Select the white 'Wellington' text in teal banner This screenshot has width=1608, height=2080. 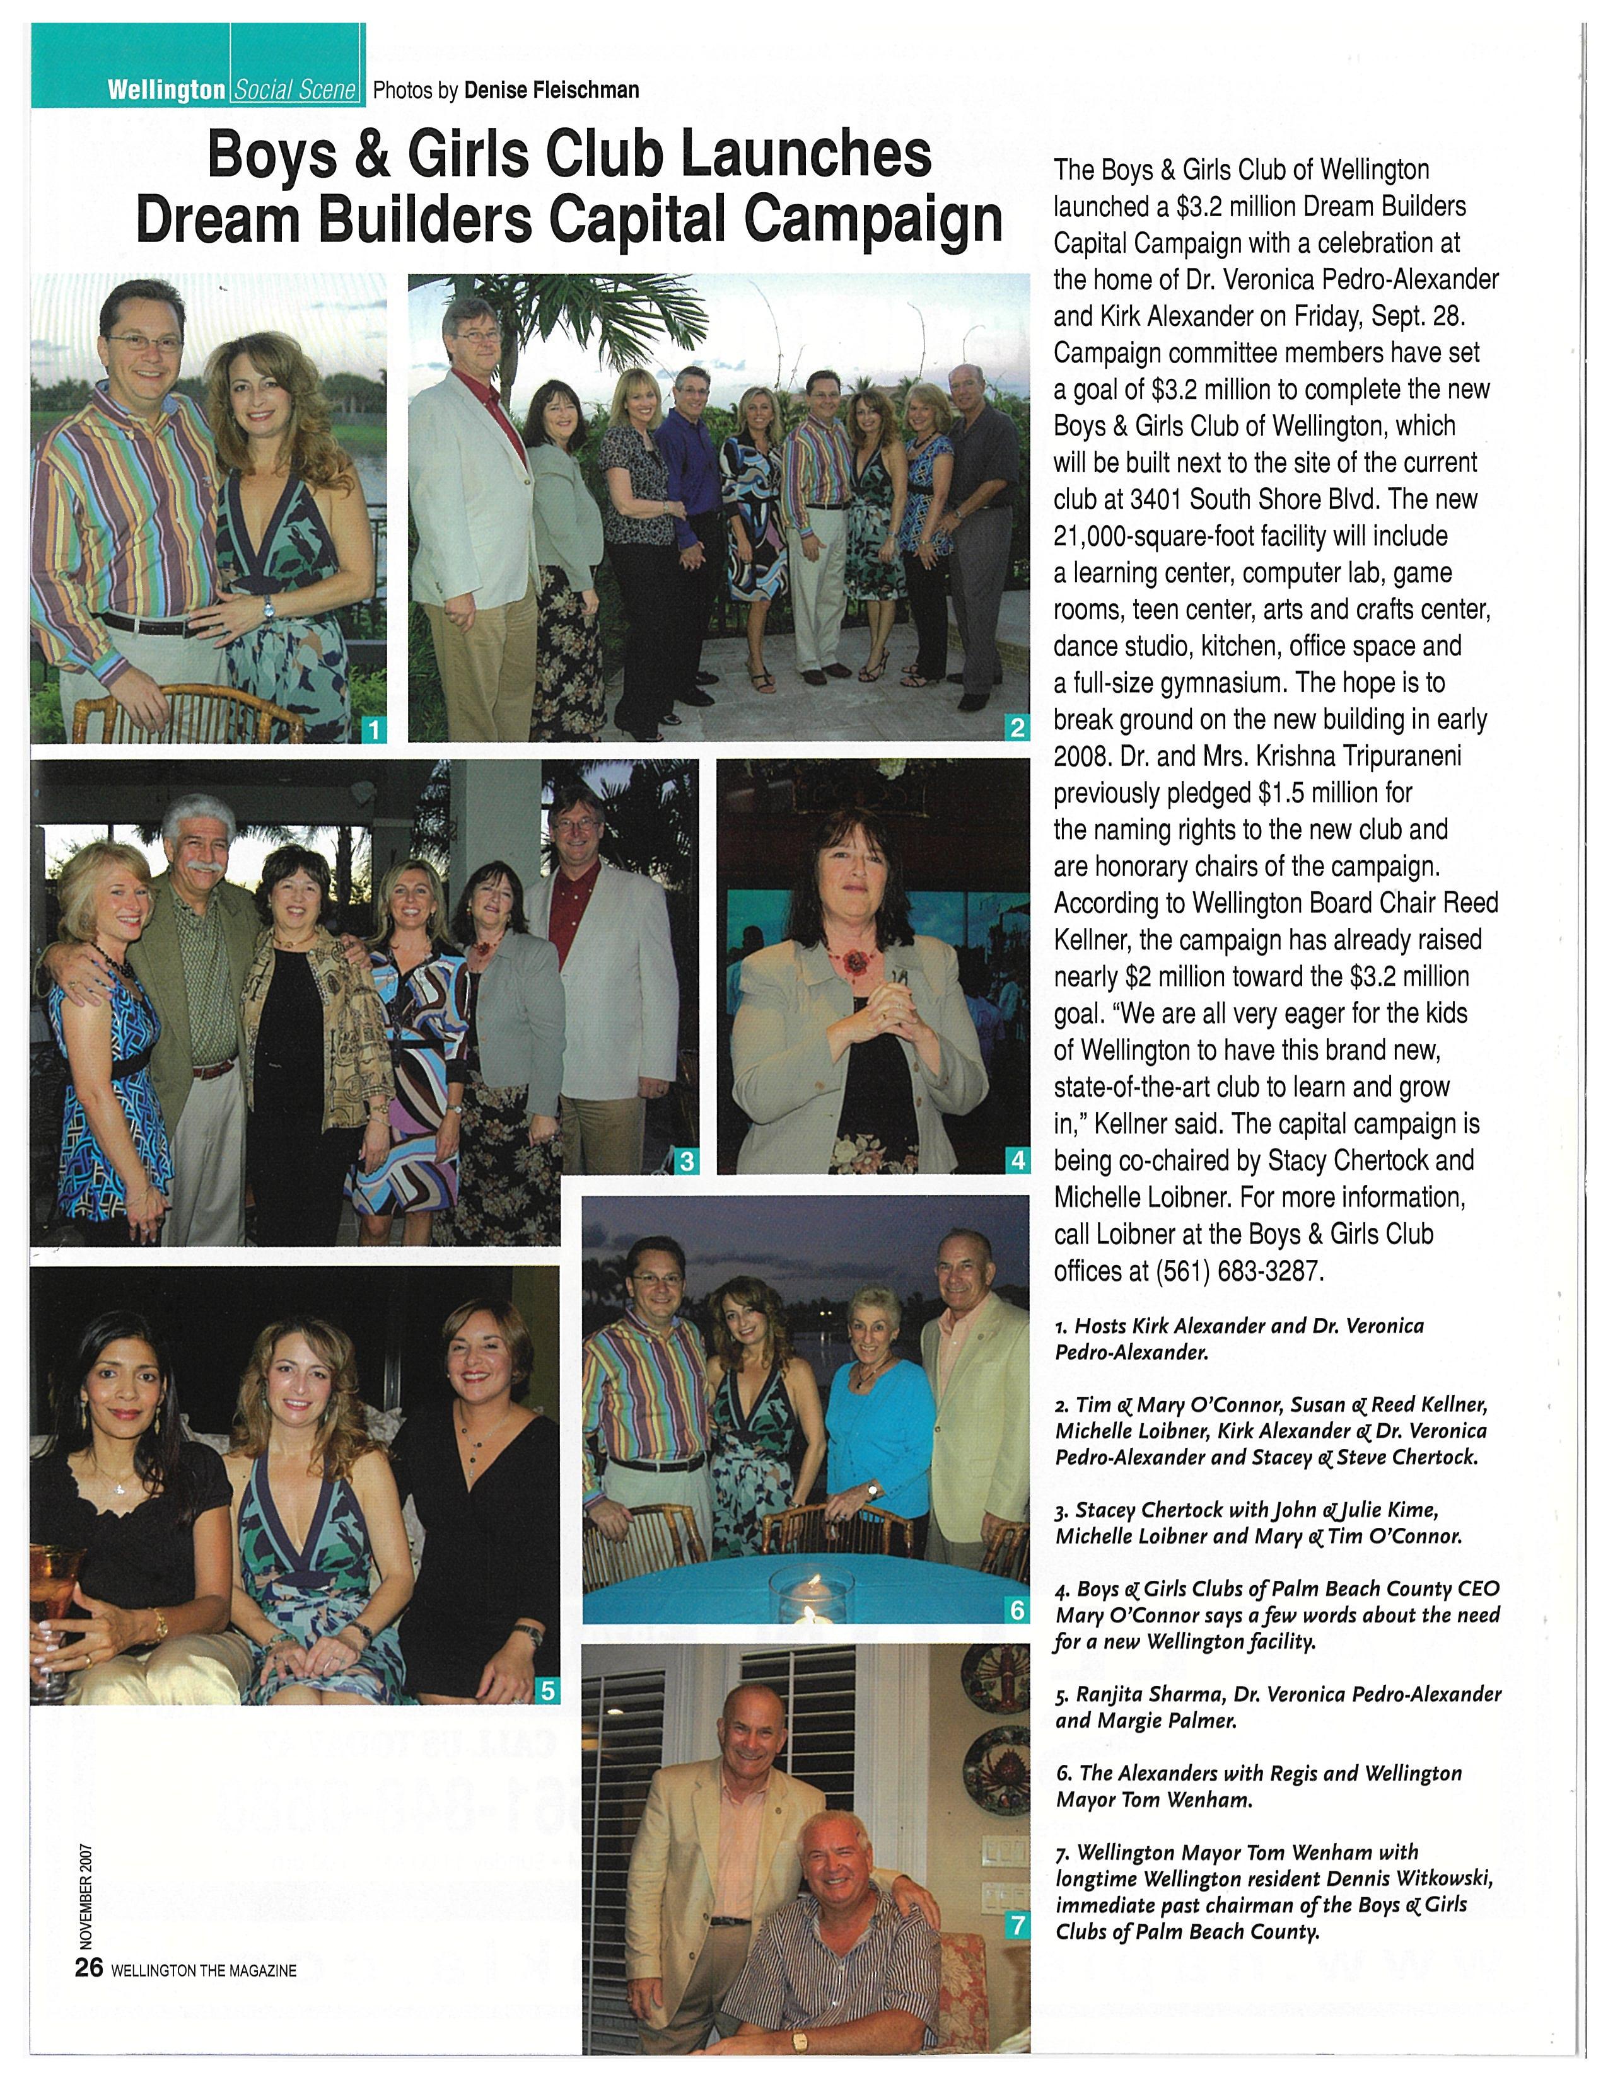[166, 91]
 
